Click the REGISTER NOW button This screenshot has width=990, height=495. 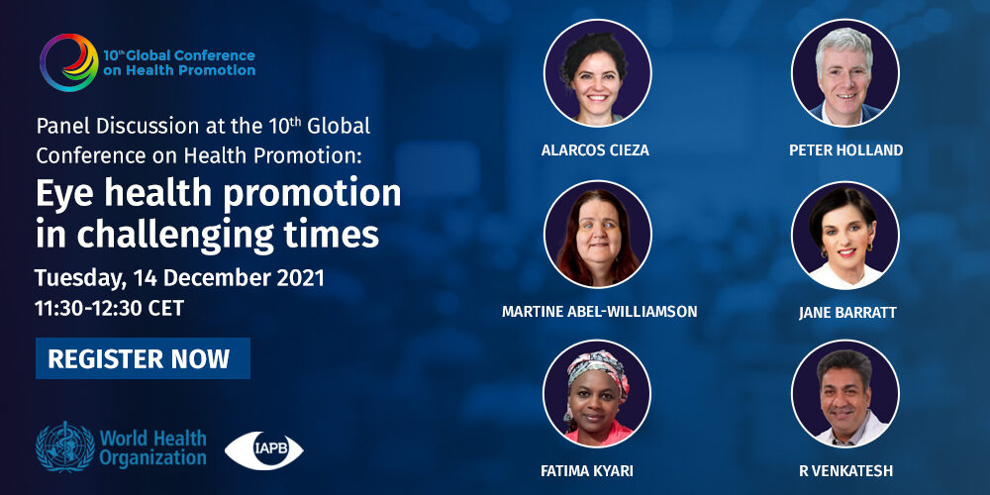coord(143,358)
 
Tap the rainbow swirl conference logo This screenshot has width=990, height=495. coord(69,62)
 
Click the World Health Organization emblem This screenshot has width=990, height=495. coord(65,446)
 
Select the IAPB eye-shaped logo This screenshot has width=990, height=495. coord(264,450)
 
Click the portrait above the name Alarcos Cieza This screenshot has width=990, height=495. coord(597,73)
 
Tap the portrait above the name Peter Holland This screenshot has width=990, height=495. coord(845,73)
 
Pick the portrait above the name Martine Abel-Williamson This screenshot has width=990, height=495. coord(597,235)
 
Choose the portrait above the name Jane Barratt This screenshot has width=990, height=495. coord(845,235)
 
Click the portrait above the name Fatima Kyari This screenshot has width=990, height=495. coord(597,394)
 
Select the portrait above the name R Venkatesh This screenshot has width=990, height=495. coord(845,394)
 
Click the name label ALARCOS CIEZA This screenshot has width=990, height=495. coord(595,150)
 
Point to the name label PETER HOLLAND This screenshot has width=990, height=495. coord(846,150)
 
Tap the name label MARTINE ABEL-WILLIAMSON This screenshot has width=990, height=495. coord(599,312)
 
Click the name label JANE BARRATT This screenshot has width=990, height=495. coord(847,313)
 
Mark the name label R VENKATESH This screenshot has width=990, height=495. coord(846,471)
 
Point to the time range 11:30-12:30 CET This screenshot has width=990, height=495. coord(110,308)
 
